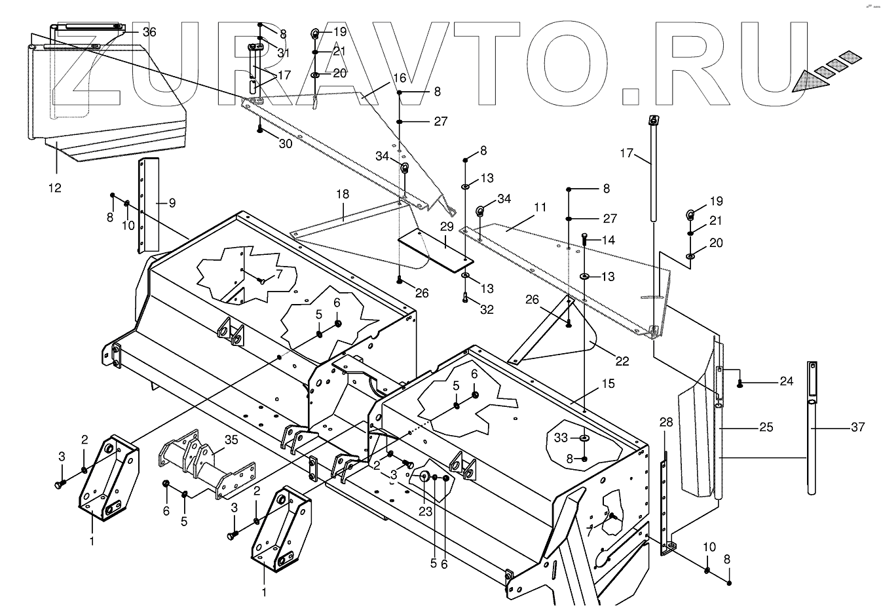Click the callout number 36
pos(149,32)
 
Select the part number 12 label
pos(54,188)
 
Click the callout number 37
pos(857,427)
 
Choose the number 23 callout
pos(426,512)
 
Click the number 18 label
pos(342,195)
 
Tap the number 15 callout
pos(608,383)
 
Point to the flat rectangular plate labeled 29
pos(435,249)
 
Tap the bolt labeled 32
pos(466,299)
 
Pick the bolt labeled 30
pos(260,128)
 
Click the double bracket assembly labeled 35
pos(203,462)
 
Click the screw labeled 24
pos(740,383)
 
